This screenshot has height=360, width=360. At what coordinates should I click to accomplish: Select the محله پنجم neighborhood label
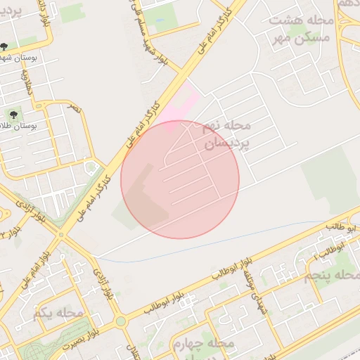[x=328, y=274]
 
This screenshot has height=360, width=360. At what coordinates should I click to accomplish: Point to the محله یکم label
[x=62, y=312]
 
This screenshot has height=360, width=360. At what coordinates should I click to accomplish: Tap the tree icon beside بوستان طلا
[x=13, y=114]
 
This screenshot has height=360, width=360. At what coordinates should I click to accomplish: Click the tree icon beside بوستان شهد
[x=5, y=48]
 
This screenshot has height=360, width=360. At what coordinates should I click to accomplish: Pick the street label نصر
[x=73, y=108]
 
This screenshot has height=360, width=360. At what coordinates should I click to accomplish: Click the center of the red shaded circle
[x=180, y=179]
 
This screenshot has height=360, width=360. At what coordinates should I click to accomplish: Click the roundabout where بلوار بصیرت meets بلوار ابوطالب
[x=121, y=321]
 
